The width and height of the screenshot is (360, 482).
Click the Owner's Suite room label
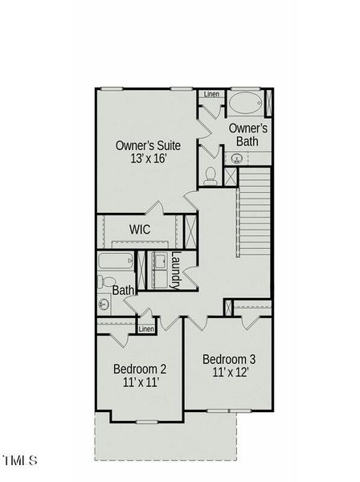pyautogui.click(x=148, y=145)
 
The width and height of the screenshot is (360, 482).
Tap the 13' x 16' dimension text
pyautogui.click(x=148, y=158)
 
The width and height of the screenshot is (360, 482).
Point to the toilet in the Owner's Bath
pyautogui.click(x=210, y=174)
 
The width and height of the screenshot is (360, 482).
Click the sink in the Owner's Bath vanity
pyautogui.click(x=236, y=158)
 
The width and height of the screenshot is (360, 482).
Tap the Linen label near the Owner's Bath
pyautogui.click(x=211, y=94)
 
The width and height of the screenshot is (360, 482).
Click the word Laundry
pyautogui.click(x=175, y=271)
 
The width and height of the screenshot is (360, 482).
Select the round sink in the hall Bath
pyautogui.click(x=103, y=304)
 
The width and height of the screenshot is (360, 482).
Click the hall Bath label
pyautogui.click(x=122, y=290)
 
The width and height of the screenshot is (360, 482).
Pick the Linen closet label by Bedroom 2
pyautogui.click(x=146, y=329)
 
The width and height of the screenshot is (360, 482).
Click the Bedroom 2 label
pyautogui.click(x=140, y=369)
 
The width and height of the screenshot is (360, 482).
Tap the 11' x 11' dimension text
pyautogui.click(x=140, y=382)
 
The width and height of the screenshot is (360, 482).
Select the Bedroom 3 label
pyautogui.click(x=229, y=358)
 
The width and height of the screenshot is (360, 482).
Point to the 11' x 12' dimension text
pyautogui.click(x=229, y=372)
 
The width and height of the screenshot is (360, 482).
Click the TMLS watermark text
pyautogui.click(x=19, y=460)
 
